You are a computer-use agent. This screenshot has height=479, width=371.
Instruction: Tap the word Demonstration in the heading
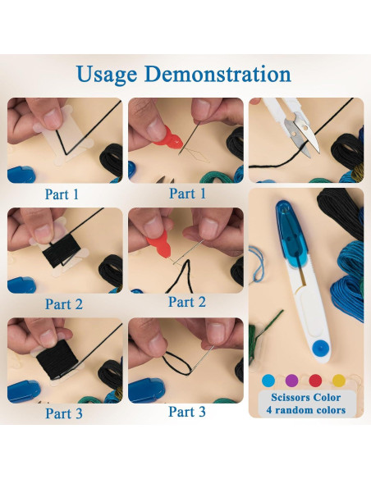218,74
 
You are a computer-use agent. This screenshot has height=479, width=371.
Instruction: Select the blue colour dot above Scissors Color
268,381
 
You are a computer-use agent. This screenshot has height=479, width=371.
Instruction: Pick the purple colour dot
291,381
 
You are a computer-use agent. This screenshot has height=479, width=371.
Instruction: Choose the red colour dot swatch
315,381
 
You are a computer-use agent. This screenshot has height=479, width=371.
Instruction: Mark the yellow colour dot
339,381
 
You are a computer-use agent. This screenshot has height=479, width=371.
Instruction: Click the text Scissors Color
305,398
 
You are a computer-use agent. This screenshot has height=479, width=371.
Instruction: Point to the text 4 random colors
306,409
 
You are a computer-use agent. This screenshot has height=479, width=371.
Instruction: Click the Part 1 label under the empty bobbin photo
62,194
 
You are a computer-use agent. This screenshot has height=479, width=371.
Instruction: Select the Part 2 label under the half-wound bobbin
64,304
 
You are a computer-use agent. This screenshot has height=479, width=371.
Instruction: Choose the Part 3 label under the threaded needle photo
187,412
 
